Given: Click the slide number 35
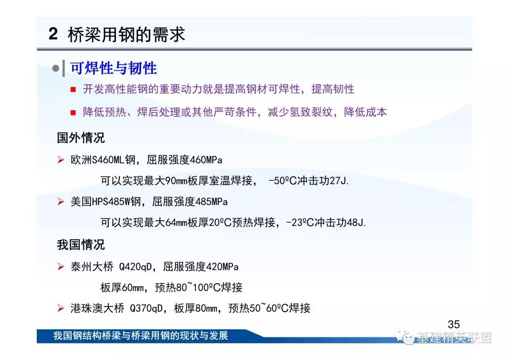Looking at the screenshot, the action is pos(453,324).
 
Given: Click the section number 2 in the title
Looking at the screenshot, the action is pos(53,34).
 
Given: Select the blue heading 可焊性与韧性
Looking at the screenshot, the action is pos(114,68).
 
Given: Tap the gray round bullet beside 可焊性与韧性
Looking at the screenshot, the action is pos(56,68).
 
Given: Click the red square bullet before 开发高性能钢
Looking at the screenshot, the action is pos(73,89).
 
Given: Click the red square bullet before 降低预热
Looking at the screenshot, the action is pos(73,113).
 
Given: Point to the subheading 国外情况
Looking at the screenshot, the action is pos(81,138).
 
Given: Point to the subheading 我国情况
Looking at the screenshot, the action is pos(81,245).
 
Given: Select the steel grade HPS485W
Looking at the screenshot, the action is pos(111,202).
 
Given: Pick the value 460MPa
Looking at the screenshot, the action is pos(206,160).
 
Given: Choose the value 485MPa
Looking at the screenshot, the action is pos(211,202).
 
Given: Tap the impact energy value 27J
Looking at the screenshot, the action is pos(339,180).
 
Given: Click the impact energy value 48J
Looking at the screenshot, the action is pos(356,222).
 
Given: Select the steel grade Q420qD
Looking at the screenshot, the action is pos(135,267).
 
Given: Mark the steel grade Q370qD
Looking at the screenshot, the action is pos(146,308).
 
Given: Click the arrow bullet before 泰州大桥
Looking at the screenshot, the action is pos(60,267).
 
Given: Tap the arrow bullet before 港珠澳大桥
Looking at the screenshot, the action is pos(60,308).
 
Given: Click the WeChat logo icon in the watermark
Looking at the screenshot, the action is pos(405,337).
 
